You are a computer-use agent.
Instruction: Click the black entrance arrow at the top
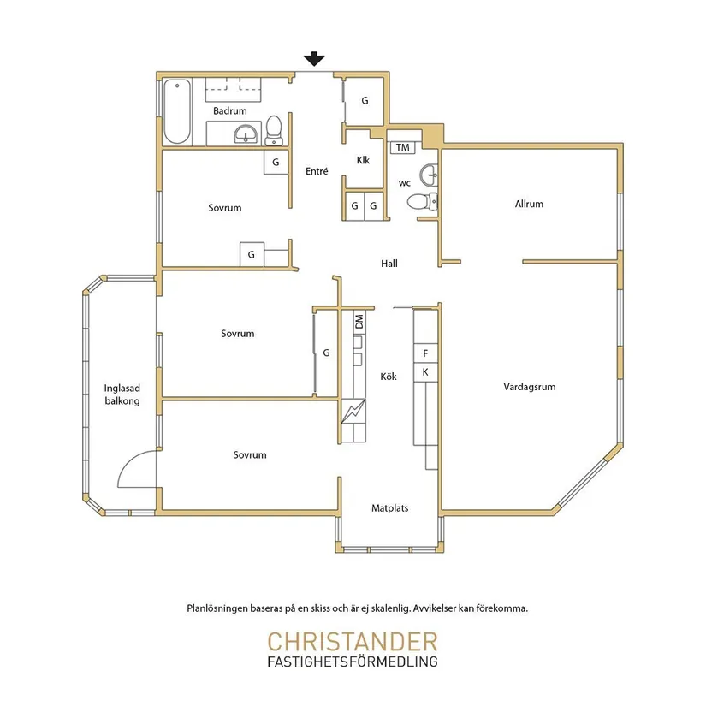click(314, 59)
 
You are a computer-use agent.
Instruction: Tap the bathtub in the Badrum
click(177, 111)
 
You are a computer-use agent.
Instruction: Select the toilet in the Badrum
click(274, 131)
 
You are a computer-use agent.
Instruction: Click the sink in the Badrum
click(246, 133)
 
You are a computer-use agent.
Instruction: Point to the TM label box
click(402, 147)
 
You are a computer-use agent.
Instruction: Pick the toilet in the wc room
click(423, 201)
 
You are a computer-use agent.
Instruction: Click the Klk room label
click(363, 160)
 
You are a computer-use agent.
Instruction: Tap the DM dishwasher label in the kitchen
click(359, 322)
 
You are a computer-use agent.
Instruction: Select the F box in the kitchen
click(425, 353)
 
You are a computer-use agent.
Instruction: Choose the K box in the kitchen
click(425, 372)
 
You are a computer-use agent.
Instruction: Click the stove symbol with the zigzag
click(353, 412)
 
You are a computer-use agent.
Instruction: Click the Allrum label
click(529, 204)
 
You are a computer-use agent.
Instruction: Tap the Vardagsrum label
click(530, 387)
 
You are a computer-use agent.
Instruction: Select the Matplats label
click(390, 508)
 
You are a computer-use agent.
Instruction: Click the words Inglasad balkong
click(122, 395)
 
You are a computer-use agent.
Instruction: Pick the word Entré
click(317, 171)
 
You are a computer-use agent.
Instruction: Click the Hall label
click(389, 264)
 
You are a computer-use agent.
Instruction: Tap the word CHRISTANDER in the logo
click(353, 642)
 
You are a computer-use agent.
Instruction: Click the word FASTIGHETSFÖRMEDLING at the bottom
click(353, 662)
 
